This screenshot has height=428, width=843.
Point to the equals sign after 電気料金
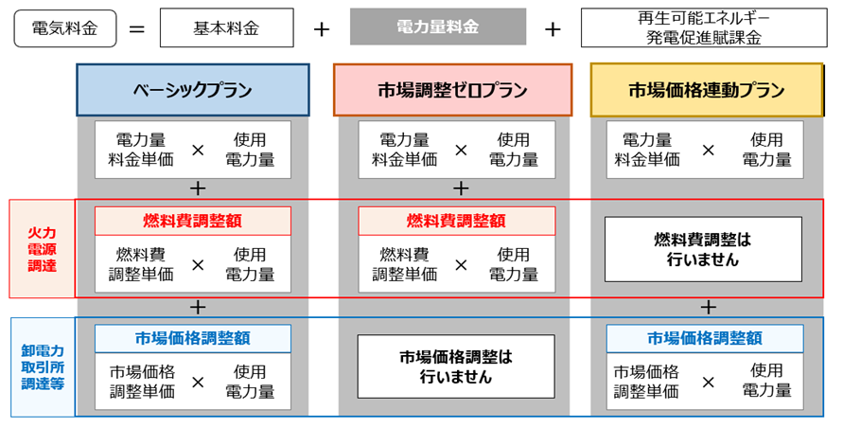click(137, 28)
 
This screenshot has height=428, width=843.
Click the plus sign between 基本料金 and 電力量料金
click(321, 28)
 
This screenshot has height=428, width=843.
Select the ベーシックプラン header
click(193, 91)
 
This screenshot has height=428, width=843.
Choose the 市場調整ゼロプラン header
click(452, 91)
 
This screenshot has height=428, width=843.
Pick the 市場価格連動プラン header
click(706, 91)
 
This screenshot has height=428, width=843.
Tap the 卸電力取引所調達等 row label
click(43, 367)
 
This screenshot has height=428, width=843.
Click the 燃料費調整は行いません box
click(703, 249)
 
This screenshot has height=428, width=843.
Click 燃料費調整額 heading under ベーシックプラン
click(193, 221)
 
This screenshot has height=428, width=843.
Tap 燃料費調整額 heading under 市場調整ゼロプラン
click(456, 221)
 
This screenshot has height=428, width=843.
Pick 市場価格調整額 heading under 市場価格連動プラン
click(704, 338)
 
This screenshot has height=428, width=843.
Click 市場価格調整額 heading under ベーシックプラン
click(193, 338)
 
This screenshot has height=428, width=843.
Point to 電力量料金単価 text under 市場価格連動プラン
click(647, 150)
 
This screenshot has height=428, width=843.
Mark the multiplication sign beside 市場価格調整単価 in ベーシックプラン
click(198, 382)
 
